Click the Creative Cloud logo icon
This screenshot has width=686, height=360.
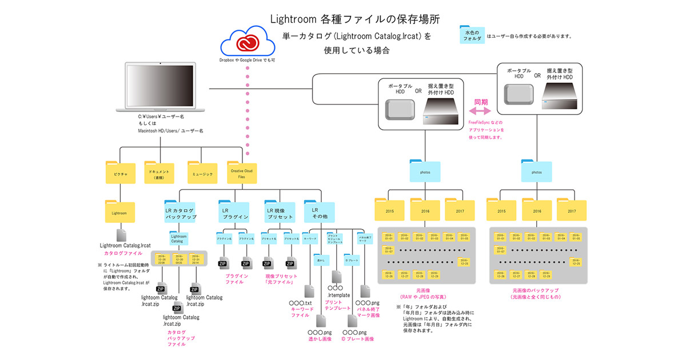coord(246,43)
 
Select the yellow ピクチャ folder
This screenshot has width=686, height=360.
coord(120,171)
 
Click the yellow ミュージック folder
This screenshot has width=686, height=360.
coord(203,172)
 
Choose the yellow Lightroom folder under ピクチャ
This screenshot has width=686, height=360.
coord(120,213)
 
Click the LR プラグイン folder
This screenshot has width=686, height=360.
coord(234,213)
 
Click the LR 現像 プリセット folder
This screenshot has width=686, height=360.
coord(279,213)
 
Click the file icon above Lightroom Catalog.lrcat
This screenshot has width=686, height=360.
coord(121,235)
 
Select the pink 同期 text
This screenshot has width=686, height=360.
coord(481,101)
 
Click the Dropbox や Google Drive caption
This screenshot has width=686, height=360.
coord(247,59)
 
